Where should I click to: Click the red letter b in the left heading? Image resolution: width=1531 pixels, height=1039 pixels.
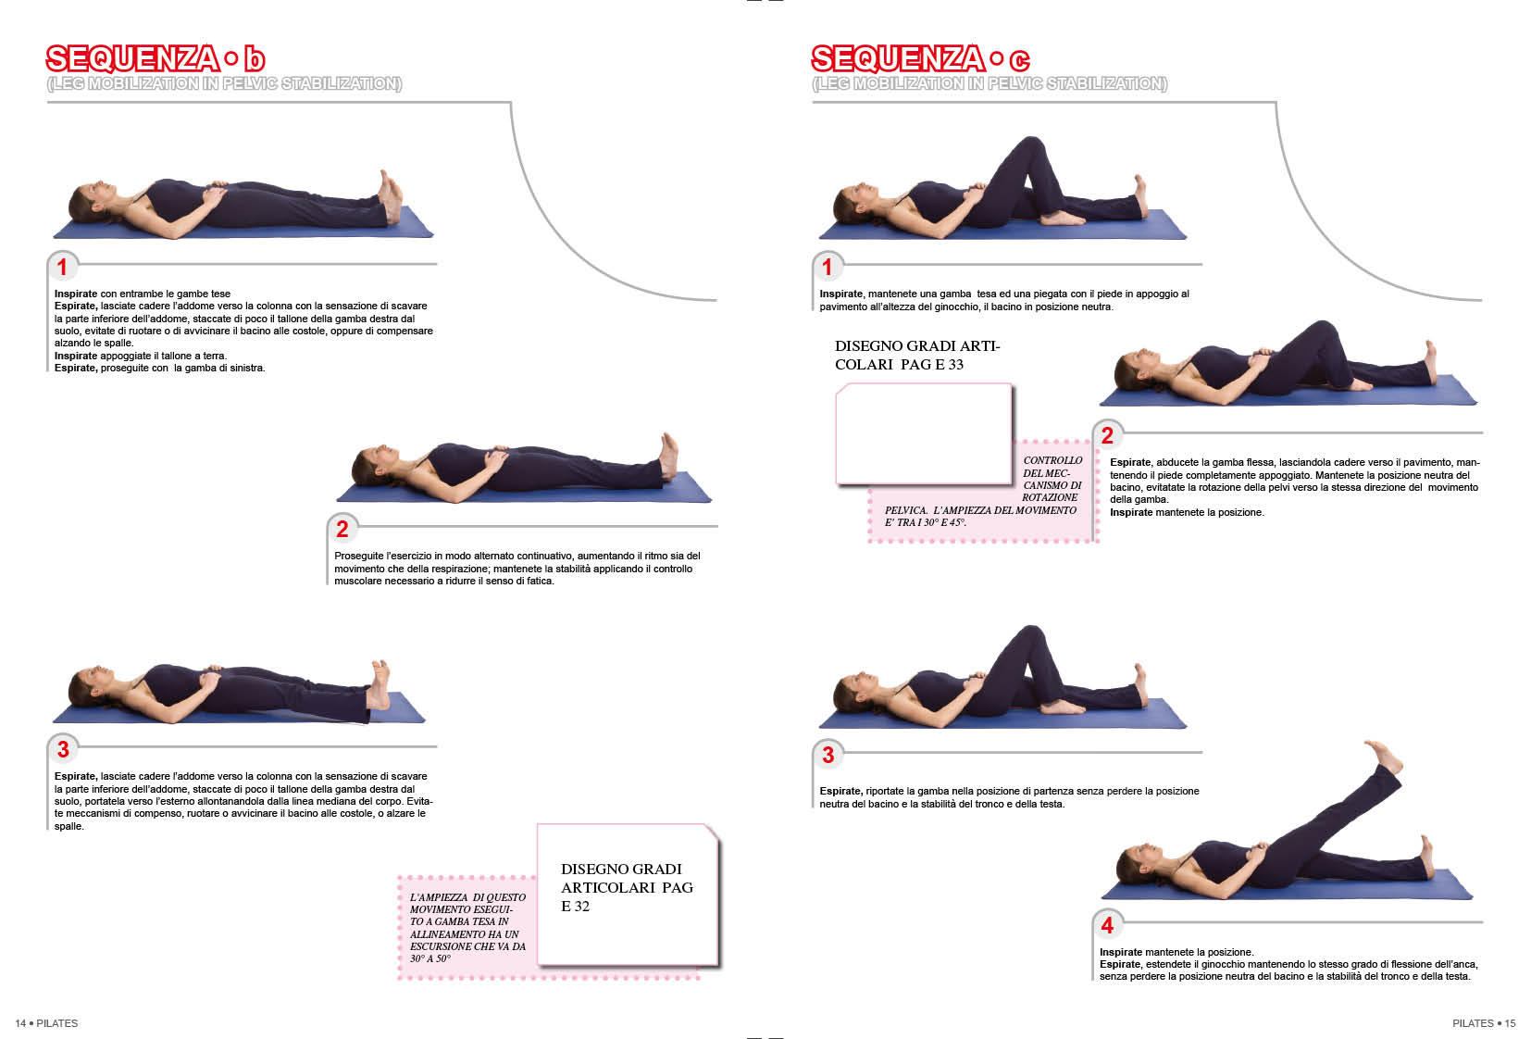click(x=255, y=59)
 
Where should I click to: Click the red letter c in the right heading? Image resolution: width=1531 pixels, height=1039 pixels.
click(x=1019, y=61)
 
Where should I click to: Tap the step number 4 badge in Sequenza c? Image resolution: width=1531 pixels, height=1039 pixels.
click(x=1107, y=925)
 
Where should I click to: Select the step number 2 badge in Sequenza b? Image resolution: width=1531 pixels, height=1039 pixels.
click(x=342, y=529)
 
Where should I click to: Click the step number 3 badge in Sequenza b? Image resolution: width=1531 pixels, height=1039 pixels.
click(x=63, y=749)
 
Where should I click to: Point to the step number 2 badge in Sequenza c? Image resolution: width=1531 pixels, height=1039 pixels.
click(x=1107, y=435)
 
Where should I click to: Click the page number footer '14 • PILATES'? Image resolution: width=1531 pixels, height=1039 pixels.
click(x=46, y=1023)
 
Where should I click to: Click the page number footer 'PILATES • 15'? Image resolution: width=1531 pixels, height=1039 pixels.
click(x=1484, y=1023)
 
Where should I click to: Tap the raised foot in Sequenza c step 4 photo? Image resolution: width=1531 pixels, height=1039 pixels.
click(x=1384, y=756)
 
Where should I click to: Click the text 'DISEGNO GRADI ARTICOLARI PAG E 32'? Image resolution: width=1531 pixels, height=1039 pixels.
click(x=627, y=887)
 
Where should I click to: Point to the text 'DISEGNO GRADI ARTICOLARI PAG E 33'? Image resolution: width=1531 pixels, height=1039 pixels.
click(x=917, y=356)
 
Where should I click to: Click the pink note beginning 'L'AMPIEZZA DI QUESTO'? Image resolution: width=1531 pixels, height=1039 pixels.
click(x=467, y=928)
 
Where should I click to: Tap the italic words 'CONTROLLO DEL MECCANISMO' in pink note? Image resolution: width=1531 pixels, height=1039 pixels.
click(x=1052, y=473)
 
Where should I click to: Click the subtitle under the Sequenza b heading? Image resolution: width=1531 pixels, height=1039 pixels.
click(x=224, y=83)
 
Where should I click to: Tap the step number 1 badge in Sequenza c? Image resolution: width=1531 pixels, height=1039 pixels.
click(x=828, y=267)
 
